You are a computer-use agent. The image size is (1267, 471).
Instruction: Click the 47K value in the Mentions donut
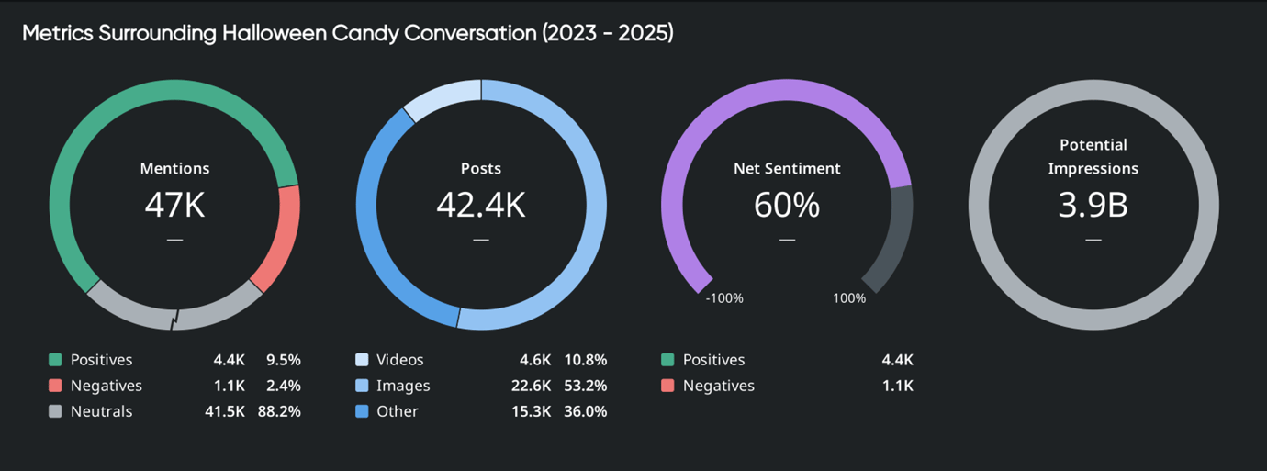pyautogui.click(x=174, y=205)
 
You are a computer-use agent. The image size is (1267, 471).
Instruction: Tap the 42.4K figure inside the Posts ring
pyautogui.click(x=480, y=205)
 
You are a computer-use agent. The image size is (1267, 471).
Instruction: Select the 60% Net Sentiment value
pyautogui.click(x=786, y=205)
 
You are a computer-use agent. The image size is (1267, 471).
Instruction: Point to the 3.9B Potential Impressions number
pyautogui.click(x=1093, y=205)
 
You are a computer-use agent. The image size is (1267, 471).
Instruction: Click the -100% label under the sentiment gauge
pyautogui.click(x=723, y=298)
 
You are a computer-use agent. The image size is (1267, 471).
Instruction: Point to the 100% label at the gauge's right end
pyautogui.click(x=849, y=298)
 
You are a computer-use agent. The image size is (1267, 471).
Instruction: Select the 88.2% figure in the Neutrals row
pyautogui.click(x=279, y=411)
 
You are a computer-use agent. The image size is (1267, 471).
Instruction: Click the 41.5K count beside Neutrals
pyautogui.click(x=224, y=411)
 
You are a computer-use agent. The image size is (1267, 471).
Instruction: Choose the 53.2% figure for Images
pyautogui.click(x=585, y=386)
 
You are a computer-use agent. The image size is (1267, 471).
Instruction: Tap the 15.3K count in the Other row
pyautogui.click(x=531, y=411)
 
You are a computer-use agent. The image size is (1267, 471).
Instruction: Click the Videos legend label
pyautogui.click(x=400, y=360)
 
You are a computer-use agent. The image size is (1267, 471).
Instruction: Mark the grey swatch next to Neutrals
pyautogui.click(x=55, y=411)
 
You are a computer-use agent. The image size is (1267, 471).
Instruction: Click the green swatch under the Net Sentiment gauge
pyautogui.click(x=667, y=360)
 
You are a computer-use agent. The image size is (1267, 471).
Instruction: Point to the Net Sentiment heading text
pyautogui.click(x=787, y=169)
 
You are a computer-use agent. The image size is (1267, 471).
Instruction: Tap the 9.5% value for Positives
pyautogui.click(x=283, y=360)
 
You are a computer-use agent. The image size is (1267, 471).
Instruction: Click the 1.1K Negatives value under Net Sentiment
pyautogui.click(x=897, y=386)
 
